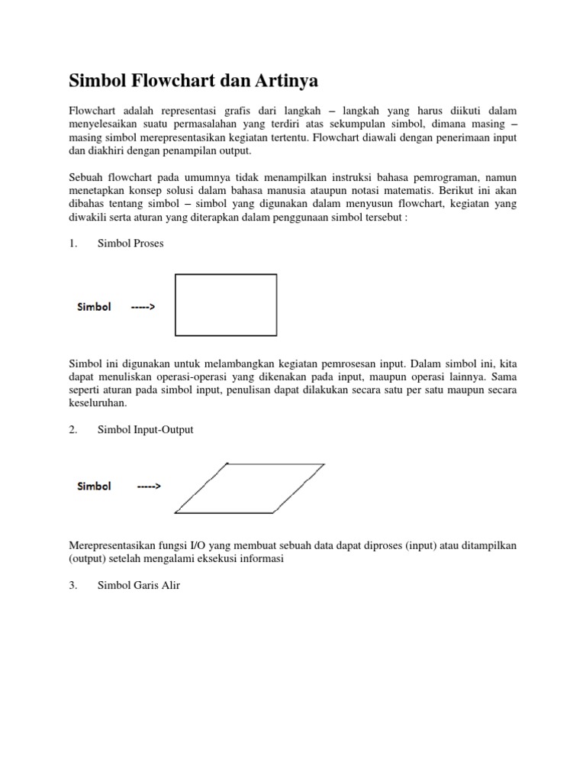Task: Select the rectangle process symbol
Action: pyautogui.click(x=226, y=305)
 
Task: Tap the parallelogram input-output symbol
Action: pyautogui.click(x=250, y=488)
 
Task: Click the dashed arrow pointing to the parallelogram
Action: pyautogui.click(x=148, y=486)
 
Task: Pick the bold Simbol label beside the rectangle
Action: pyautogui.click(x=94, y=307)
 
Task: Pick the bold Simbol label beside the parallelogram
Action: pyautogui.click(x=94, y=486)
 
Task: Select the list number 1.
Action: pyautogui.click(x=73, y=244)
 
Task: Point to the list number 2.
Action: pyautogui.click(x=73, y=430)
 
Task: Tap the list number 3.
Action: pyautogui.click(x=73, y=586)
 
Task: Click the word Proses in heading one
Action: pyautogui.click(x=148, y=244)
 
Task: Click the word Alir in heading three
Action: pyautogui.click(x=169, y=586)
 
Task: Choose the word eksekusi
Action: pyautogui.click(x=221, y=558)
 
